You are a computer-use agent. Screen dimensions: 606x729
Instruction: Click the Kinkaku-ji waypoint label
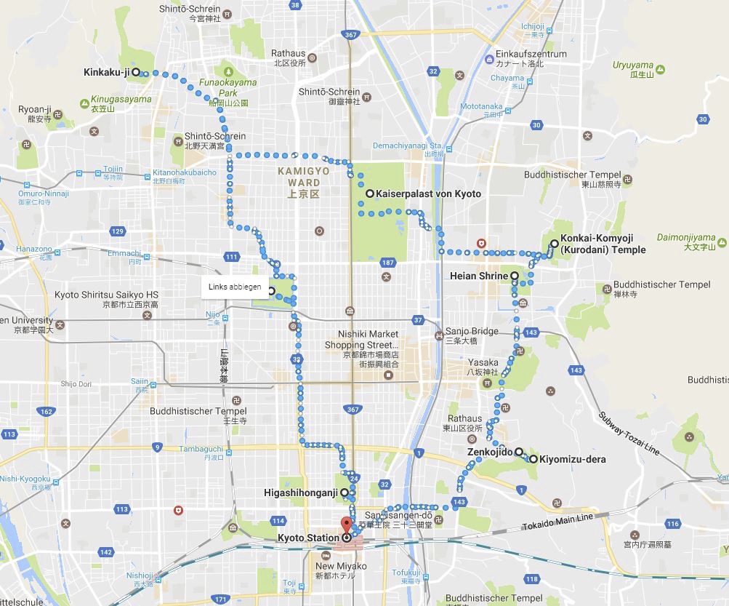(x=106, y=72)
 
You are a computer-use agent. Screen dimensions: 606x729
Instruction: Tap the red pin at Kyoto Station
(x=346, y=525)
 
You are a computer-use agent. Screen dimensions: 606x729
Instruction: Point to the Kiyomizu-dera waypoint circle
(x=533, y=459)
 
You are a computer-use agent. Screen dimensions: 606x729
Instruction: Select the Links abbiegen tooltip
(x=229, y=286)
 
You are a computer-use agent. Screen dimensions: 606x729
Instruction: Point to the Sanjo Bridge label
(x=472, y=331)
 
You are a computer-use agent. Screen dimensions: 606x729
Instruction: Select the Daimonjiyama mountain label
(x=686, y=237)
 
